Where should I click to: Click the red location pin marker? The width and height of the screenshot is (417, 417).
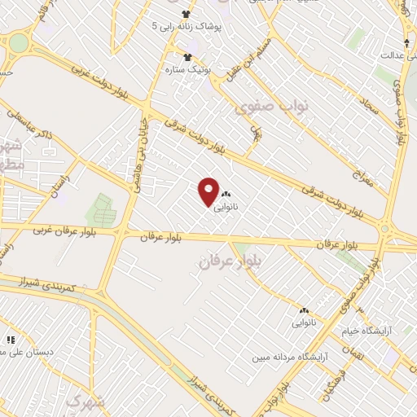(x=209, y=191)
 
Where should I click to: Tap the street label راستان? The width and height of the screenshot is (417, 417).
(x=58, y=173)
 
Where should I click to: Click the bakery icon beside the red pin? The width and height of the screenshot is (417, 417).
(x=226, y=195)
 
